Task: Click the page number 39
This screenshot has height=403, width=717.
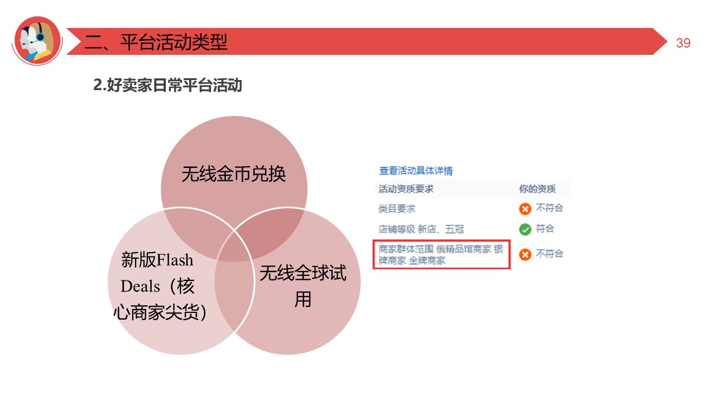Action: click(683, 43)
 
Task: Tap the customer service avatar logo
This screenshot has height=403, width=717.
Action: click(37, 41)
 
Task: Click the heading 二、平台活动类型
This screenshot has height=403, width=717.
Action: click(156, 42)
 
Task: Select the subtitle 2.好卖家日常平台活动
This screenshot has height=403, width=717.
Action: click(167, 86)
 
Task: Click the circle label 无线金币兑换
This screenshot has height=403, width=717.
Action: click(234, 174)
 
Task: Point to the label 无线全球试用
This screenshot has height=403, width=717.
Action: click(302, 286)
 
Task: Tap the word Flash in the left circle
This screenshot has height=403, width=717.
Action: click(175, 260)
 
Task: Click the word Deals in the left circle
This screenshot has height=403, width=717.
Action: click(141, 286)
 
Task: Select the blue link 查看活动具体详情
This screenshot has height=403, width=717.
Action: click(416, 171)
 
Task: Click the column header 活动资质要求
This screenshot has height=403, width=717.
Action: click(406, 189)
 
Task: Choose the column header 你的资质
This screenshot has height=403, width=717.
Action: click(537, 189)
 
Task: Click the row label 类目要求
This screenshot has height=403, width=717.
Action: click(397, 209)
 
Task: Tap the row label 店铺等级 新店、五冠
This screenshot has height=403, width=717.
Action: click(421, 229)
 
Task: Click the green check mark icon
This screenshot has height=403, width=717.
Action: click(525, 229)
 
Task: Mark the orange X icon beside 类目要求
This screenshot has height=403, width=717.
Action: click(525, 209)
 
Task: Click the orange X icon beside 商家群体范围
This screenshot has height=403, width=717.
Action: click(525, 255)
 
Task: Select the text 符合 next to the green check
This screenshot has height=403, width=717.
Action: click(544, 229)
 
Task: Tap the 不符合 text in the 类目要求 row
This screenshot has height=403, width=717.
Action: click(549, 208)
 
